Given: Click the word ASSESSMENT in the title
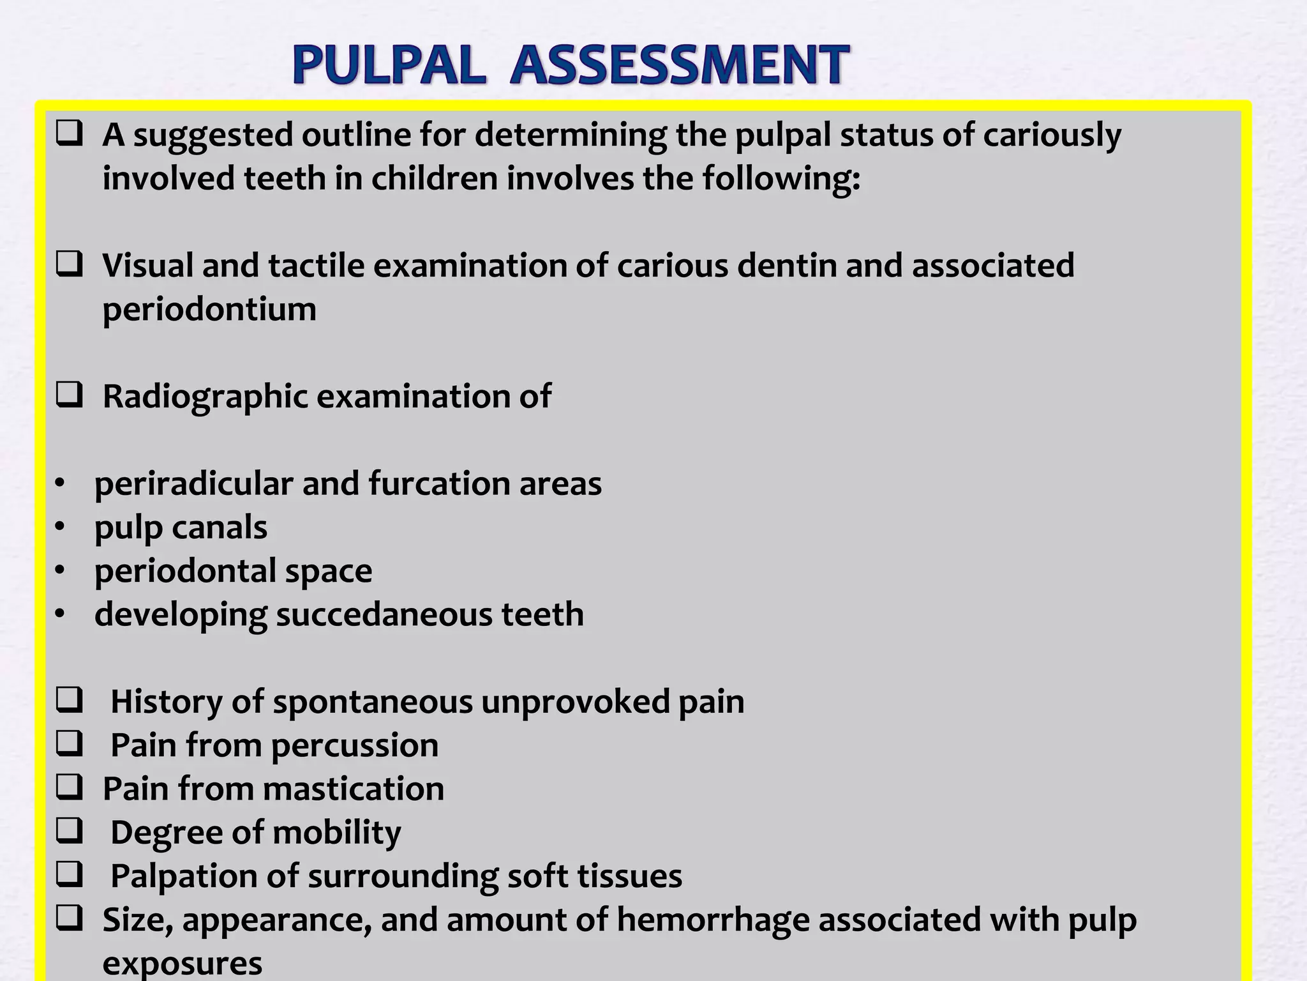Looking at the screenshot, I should [x=679, y=65].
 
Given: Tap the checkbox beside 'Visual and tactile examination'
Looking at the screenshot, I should [x=69, y=265].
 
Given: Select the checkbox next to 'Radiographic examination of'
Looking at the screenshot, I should [x=69, y=396].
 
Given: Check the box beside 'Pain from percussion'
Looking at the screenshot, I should [x=69, y=745].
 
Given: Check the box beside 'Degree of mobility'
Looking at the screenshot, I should [x=69, y=832].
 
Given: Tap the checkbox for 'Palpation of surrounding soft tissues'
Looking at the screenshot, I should [x=69, y=875].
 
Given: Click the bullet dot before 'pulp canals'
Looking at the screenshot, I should [x=60, y=528].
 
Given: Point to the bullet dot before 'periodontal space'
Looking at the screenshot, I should [x=60, y=571].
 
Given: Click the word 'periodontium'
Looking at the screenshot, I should [x=209, y=310].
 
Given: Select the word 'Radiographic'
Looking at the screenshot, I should [x=205, y=397].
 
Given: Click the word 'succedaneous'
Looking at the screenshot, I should [x=384, y=614].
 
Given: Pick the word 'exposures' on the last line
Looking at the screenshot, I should [x=183, y=963].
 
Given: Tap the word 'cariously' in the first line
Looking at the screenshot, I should [x=1052, y=135].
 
